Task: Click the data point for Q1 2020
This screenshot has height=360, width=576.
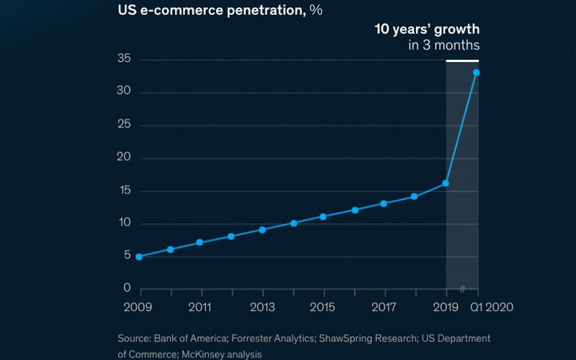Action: coord(477,72)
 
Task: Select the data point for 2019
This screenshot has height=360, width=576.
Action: coord(446,184)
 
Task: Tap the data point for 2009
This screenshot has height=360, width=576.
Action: coord(139,256)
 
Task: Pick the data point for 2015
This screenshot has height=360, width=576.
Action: coord(323,217)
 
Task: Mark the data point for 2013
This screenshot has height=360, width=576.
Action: coord(262,230)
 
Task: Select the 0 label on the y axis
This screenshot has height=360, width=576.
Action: coord(127,289)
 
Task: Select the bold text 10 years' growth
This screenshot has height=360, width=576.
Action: coord(426,30)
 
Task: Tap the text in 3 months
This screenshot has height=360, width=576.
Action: coord(444,45)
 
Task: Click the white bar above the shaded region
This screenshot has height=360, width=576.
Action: coord(462,60)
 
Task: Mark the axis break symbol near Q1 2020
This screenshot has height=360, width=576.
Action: coord(464,289)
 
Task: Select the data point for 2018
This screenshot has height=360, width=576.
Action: coord(415,197)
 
